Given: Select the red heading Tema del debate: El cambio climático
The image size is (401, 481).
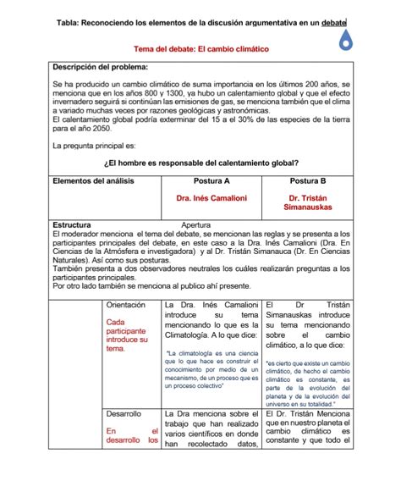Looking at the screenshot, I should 201,49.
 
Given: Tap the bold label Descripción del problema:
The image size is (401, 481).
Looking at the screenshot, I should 100,66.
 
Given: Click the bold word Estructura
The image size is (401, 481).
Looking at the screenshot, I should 72,224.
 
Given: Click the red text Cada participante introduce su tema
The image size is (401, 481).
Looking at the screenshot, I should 126,335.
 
